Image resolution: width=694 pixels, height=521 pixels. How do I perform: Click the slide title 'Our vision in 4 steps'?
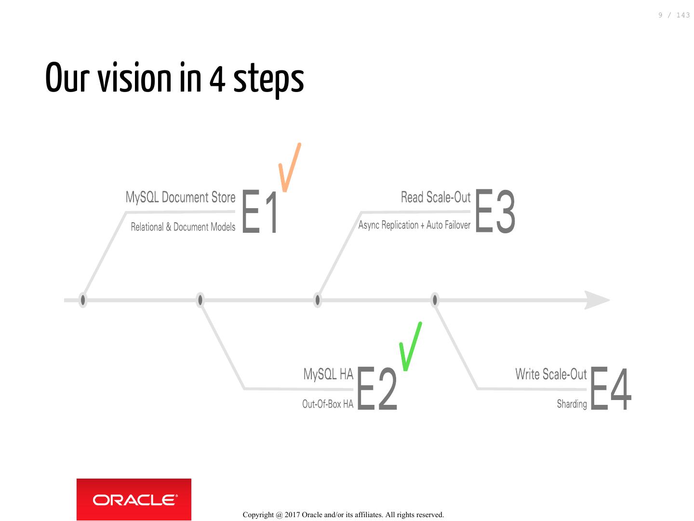(174, 79)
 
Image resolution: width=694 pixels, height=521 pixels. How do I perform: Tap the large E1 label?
(260, 212)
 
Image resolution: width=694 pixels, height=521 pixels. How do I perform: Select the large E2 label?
(378, 389)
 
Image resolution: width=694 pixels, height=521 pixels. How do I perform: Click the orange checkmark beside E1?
(290, 167)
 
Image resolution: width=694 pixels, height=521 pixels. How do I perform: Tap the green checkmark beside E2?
(411, 346)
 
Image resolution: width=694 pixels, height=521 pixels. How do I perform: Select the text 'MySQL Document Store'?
(180, 198)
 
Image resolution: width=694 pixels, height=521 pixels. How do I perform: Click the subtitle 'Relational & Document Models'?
(183, 227)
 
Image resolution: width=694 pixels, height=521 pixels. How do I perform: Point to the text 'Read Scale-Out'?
(436, 198)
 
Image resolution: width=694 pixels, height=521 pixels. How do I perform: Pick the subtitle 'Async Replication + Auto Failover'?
(414, 225)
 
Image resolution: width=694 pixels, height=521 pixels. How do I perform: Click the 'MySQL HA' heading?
(328, 374)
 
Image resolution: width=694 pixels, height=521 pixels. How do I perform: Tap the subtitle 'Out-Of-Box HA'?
(328, 404)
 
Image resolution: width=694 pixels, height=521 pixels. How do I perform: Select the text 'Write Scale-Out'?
(551, 374)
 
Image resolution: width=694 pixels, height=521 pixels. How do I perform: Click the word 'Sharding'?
(572, 404)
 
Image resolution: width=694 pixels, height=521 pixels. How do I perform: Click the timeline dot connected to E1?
(83, 300)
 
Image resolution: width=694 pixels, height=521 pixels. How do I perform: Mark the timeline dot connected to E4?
(435, 300)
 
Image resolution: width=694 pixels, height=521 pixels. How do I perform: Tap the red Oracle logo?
(134, 499)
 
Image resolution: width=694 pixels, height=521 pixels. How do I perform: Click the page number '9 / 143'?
(674, 15)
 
